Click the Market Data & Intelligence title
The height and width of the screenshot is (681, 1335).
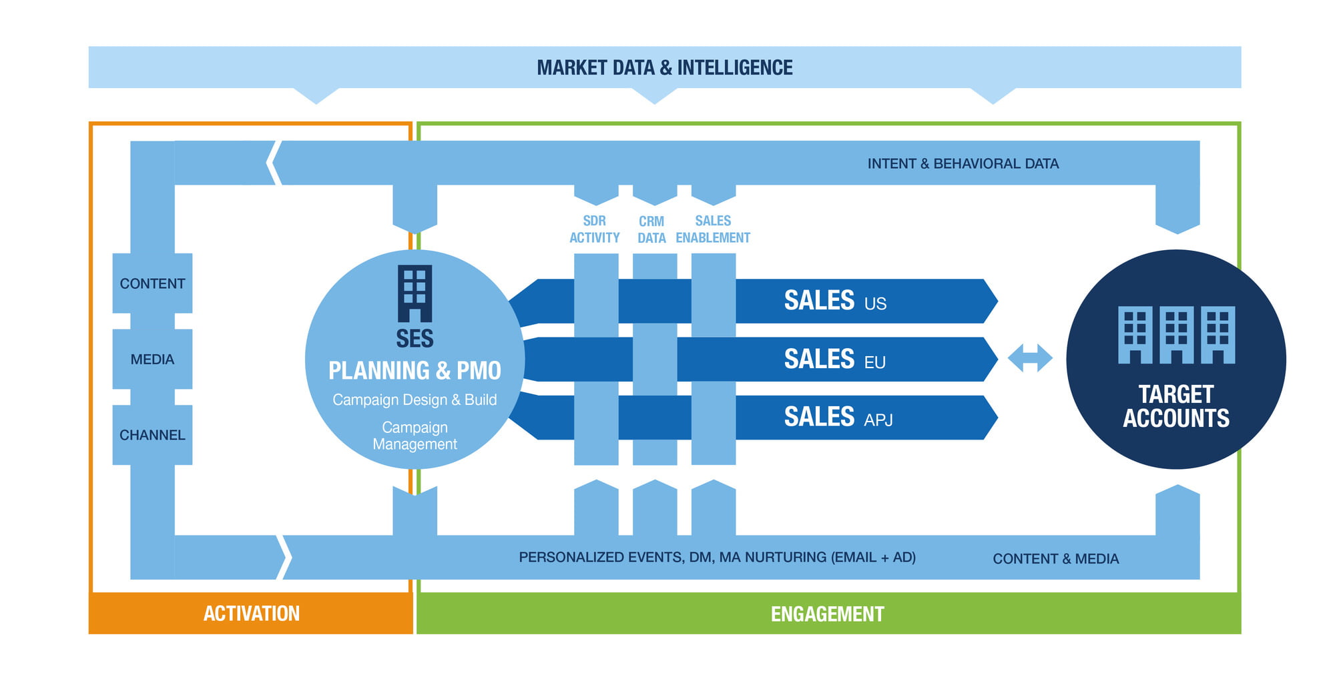click(664, 67)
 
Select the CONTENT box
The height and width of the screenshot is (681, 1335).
click(152, 283)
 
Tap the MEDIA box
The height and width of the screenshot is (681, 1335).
click(152, 360)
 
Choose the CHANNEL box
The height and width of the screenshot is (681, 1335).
click(152, 435)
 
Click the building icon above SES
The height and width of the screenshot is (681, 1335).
click(415, 293)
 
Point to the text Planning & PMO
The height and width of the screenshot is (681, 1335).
click(415, 370)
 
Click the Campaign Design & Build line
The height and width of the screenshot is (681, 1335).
click(415, 400)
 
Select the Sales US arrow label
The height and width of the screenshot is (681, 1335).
click(834, 301)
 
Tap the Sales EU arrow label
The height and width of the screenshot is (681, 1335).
click(834, 360)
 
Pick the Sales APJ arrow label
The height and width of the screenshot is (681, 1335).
click(838, 418)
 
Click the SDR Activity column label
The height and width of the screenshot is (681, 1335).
click(594, 229)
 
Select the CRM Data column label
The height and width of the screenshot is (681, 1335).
click(651, 229)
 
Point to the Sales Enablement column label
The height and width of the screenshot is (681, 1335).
click(713, 229)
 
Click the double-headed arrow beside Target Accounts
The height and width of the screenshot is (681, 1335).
click(1030, 358)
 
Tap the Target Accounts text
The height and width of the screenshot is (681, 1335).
click(1175, 406)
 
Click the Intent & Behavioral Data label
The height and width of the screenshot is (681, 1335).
click(963, 163)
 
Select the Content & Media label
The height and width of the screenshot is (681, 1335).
click(1055, 559)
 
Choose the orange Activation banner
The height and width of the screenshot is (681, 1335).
click(251, 614)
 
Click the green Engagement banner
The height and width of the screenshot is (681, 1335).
click(827, 614)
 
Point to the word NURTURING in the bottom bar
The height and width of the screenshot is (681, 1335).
click(786, 557)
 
